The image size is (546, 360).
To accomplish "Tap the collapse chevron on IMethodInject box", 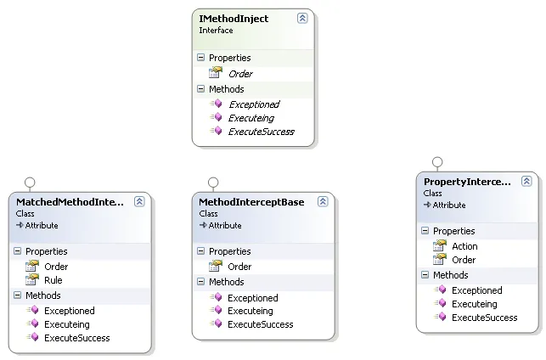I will pos(302,18).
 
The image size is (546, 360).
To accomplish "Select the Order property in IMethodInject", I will pos(240,74).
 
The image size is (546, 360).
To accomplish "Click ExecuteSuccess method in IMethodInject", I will pos(261,132).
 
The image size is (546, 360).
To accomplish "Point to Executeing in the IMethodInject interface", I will pos(250,118).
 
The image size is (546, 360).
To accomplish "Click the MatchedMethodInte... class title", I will pos(70,202).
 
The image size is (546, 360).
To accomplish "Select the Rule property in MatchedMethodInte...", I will pos(53,280).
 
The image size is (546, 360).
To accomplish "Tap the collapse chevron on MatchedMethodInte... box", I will pos(139,202).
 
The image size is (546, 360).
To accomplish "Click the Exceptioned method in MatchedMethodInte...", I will pos(69,311).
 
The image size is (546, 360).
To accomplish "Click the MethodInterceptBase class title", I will pos(250,202).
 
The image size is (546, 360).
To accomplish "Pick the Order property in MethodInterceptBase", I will pos(239,267).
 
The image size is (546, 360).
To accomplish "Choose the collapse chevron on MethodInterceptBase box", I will pos(323,202).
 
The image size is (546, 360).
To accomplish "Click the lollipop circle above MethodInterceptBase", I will pos(213,182).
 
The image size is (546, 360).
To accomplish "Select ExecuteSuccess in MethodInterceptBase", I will pos(260,324).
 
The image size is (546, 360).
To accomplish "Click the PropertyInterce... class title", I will pos(467,182).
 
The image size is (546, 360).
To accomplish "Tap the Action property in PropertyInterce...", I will pos(464,246).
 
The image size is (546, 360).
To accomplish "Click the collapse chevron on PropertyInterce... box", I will pos(526,182).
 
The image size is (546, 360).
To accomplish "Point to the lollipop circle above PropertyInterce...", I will pos(437,161).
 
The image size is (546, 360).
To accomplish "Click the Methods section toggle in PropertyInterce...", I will pos(425,275).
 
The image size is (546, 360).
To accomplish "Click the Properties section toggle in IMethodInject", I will pos(200,58).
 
